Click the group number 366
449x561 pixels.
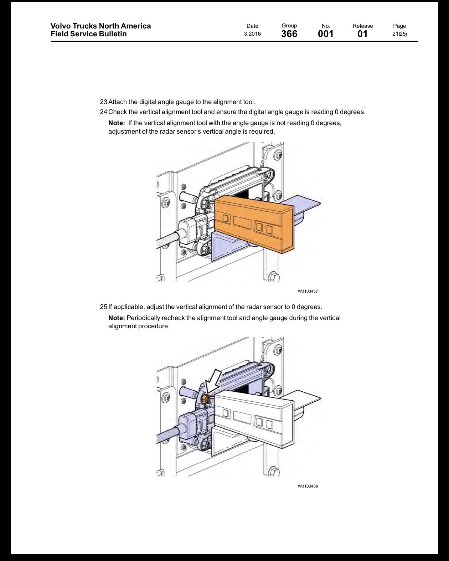289,34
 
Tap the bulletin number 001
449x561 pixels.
326,34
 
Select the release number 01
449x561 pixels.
362,34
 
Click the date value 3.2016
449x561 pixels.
252,34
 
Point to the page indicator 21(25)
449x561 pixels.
399,34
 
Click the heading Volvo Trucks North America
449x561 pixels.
100,26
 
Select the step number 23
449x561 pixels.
103,102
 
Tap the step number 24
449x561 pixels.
103,112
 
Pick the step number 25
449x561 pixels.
103,307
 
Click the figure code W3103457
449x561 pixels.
308,291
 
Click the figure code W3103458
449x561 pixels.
308,486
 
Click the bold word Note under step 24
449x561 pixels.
117,123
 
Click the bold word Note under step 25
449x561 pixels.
117,318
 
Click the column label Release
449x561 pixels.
363,26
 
